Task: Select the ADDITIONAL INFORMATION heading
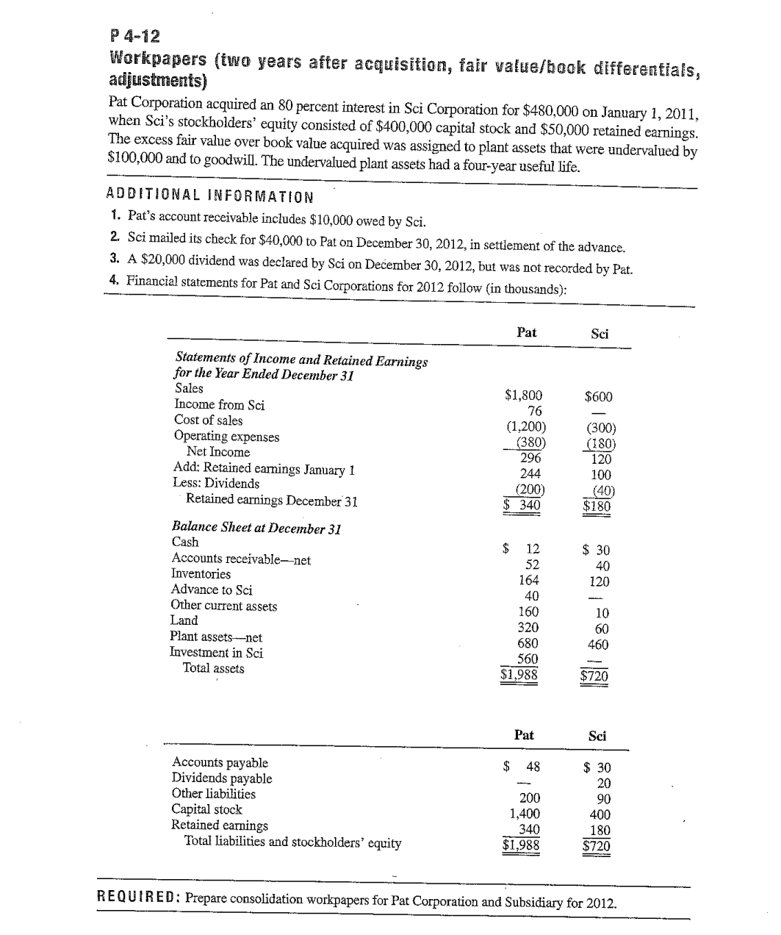pyautogui.click(x=209, y=196)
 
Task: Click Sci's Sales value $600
pyautogui.click(x=598, y=397)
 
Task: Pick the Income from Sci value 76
pyautogui.click(x=534, y=411)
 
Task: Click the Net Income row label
pyautogui.click(x=217, y=452)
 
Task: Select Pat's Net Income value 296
pyautogui.click(x=530, y=458)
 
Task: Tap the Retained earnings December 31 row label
pyautogui.click(x=271, y=500)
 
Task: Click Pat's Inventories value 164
pyautogui.click(x=528, y=580)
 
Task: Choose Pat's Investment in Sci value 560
pyautogui.click(x=528, y=659)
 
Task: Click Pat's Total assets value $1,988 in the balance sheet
pyautogui.click(x=519, y=673)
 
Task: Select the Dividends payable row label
pyautogui.click(x=221, y=778)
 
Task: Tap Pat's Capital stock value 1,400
pyautogui.click(x=525, y=814)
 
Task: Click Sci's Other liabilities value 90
pyautogui.click(x=602, y=799)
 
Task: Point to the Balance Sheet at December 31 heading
pyautogui.click(x=256, y=528)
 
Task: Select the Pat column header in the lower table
pyautogui.click(x=524, y=734)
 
